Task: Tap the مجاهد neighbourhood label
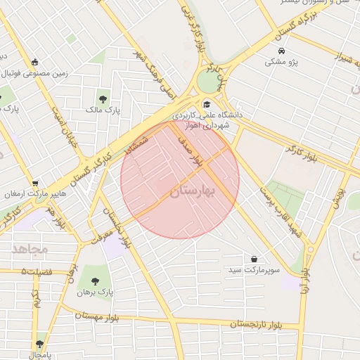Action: (x=30, y=248)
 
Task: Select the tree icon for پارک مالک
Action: (x=103, y=98)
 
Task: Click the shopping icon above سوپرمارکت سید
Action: (x=253, y=259)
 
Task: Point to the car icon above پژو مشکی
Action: (x=281, y=52)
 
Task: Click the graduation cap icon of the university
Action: (x=206, y=103)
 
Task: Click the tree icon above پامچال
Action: (x=39, y=344)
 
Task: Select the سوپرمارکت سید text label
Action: (x=253, y=270)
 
